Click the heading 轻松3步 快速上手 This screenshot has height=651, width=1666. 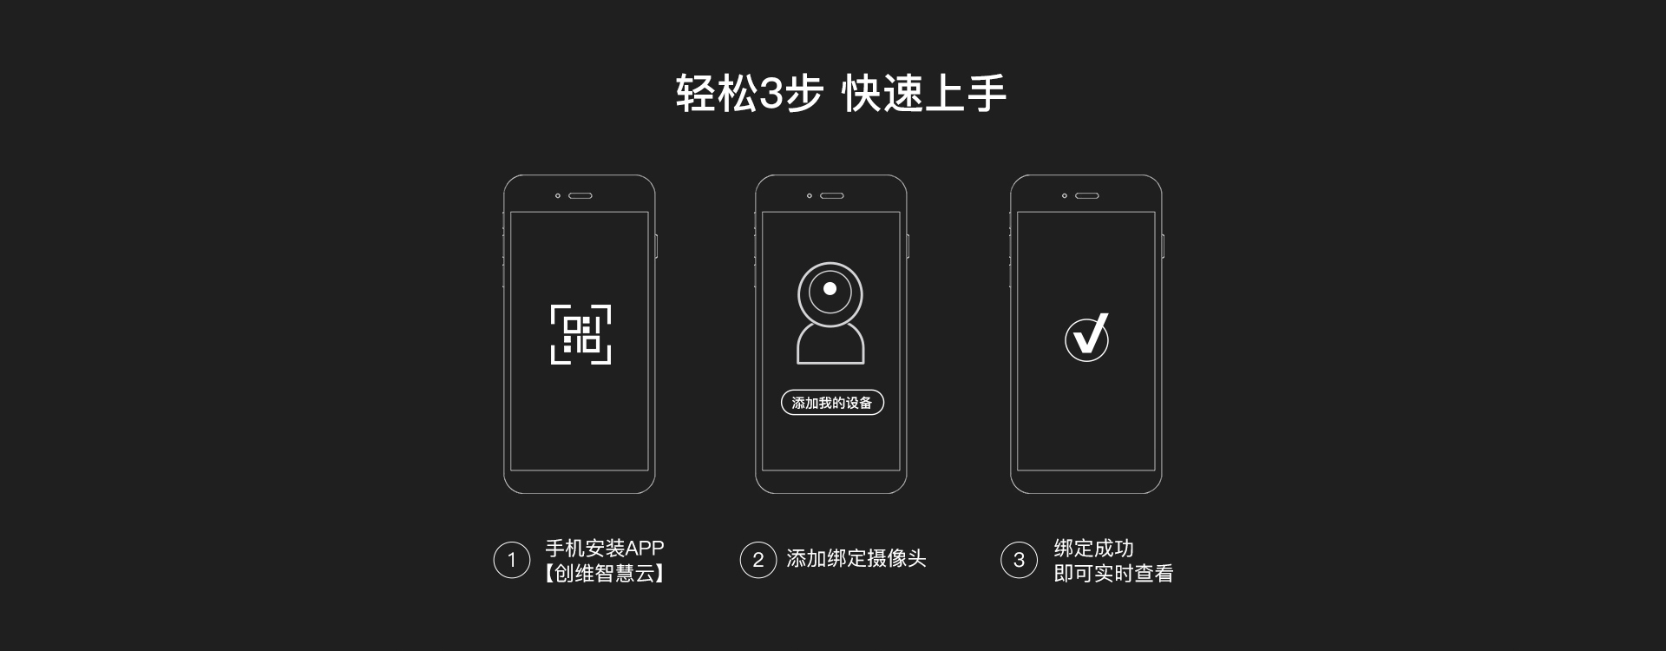pos(841,94)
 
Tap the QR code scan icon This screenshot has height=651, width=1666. pos(581,334)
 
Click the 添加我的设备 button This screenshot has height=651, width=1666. pos(832,403)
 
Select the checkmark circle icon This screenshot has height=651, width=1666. pos(1086,337)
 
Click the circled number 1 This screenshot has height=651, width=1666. pos(511,560)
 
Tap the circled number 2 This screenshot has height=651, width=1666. pos(758,560)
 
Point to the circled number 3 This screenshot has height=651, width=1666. pos(1019,560)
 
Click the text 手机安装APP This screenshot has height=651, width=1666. pos(604,548)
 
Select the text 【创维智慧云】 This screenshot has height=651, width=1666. pos(604,573)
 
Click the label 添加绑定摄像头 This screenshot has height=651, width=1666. pos(856,559)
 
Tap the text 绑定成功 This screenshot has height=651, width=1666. pos(1093,548)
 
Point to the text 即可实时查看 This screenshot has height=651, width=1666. pos(1113,573)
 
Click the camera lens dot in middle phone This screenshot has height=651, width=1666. pos(830,288)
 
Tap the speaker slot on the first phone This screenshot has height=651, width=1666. pos(580,195)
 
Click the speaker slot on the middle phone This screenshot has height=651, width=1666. pos(832,195)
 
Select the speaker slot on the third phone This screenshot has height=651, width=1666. pos(1087,195)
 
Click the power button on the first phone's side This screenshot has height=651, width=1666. pos(657,246)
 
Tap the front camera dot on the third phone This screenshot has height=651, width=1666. pos(1065,195)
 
